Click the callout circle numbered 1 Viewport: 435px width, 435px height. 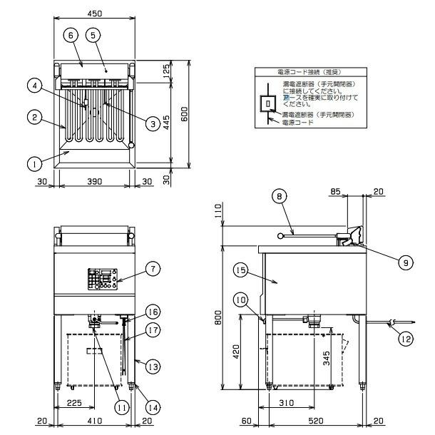tap(32, 164)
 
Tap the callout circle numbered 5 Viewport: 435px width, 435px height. tap(93, 34)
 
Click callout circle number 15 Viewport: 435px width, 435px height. tap(239, 271)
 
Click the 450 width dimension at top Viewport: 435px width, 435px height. tap(94, 12)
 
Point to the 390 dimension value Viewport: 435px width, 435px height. tap(94, 183)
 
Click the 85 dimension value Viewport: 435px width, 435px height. tap(336, 192)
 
